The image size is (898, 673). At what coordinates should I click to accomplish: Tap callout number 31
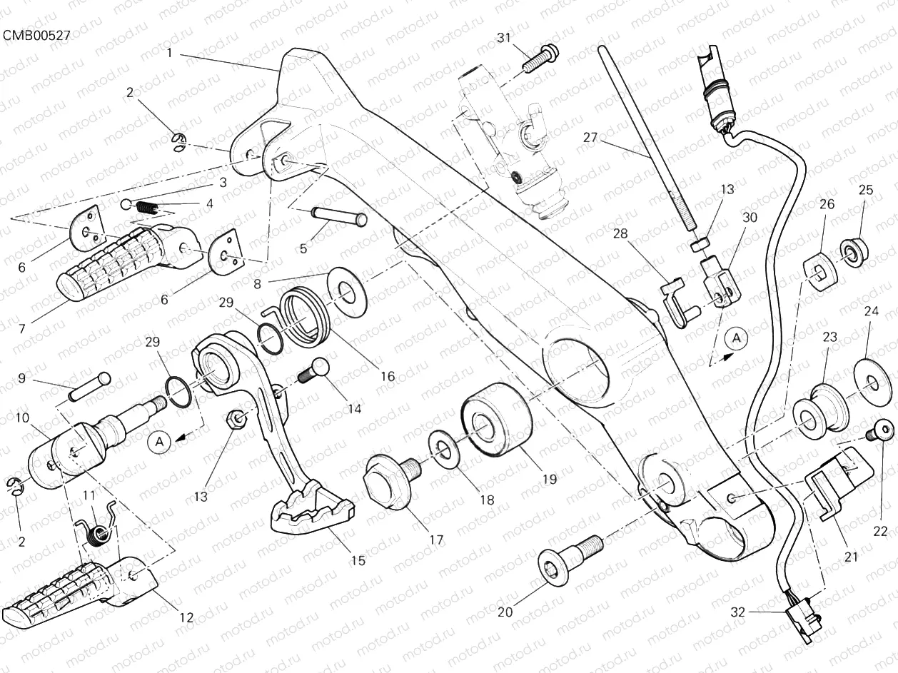tap(505, 38)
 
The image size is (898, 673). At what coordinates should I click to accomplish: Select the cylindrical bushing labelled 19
tap(496, 421)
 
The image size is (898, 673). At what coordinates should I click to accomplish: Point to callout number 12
tap(186, 618)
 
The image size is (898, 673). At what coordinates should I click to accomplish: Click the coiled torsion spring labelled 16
tap(303, 313)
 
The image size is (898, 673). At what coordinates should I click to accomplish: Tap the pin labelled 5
tap(338, 216)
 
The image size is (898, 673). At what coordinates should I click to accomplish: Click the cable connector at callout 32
tap(804, 618)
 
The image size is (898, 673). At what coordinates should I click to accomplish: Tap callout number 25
tap(865, 190)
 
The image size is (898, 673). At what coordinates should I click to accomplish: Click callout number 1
tap(170, 52)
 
